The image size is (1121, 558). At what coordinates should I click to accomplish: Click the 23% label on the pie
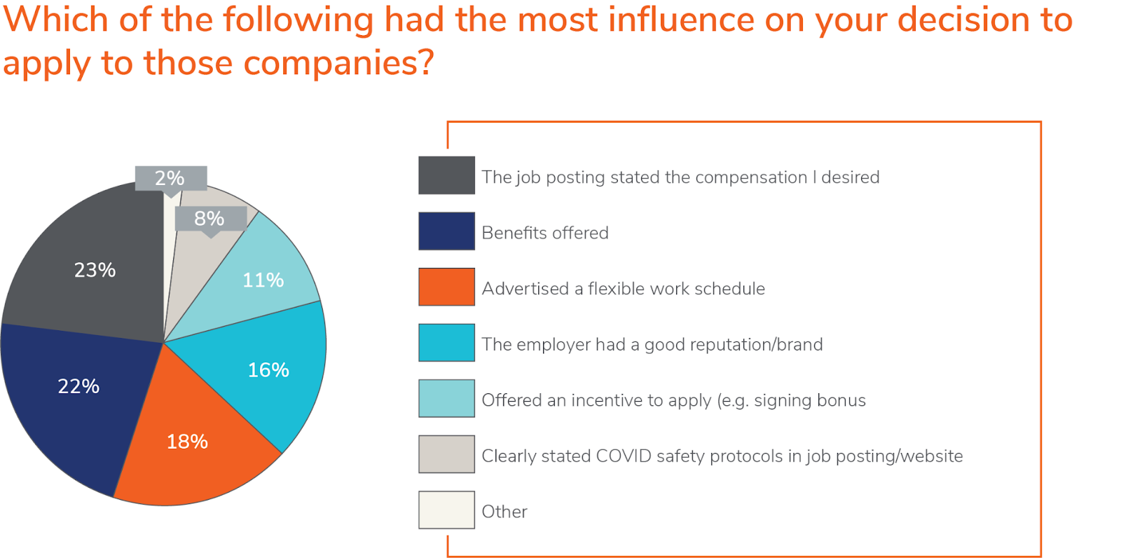point(95,270)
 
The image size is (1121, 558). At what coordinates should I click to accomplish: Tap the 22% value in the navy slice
point(78,386)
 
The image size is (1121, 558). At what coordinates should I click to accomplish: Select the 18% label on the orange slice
point(187,442)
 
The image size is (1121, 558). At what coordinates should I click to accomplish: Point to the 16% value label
point(268,370)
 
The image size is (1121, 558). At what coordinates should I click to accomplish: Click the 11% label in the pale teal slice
point(263,280)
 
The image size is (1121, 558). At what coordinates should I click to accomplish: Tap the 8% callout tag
point(209,219)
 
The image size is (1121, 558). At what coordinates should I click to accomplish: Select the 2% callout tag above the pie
point(170,178)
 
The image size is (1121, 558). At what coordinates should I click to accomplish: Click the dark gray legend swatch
point(446,175)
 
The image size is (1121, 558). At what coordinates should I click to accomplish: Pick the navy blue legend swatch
point(446,231)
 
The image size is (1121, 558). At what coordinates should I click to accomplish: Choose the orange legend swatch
point(446,287)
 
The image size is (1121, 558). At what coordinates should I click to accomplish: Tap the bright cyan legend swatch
point(446,343)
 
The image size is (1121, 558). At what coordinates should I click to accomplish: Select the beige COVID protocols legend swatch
point(446,454)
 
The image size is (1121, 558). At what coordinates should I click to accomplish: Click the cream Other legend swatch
point(446,510)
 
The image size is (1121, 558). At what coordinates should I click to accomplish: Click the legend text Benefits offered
point(544,233)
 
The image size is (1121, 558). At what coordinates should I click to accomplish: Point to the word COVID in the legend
point(624,456)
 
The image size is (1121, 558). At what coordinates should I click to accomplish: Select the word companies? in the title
point(338,63)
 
